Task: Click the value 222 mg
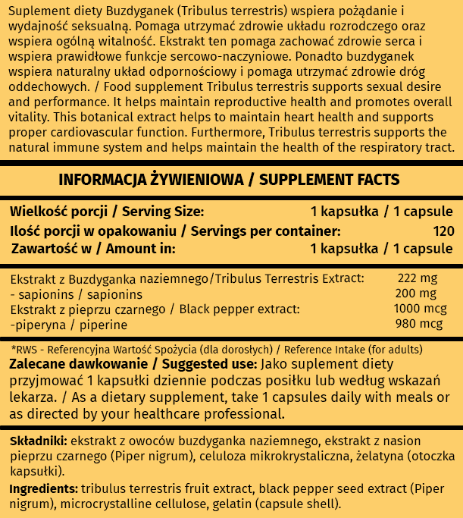414,279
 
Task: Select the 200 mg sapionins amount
416,294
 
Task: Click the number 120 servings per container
443,230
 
